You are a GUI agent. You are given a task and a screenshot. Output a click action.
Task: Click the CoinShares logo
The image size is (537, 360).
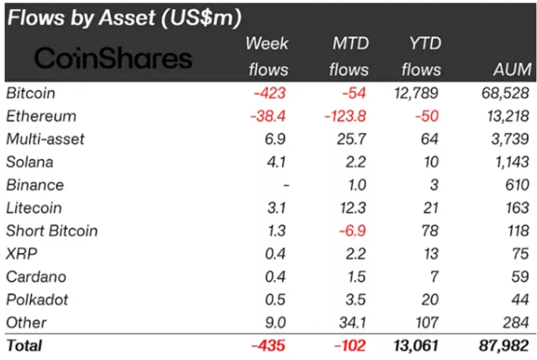coord(113,59)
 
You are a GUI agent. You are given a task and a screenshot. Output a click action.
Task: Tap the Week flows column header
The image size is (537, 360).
coord(268,56)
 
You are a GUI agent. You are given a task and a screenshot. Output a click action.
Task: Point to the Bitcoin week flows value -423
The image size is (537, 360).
coord(271,93)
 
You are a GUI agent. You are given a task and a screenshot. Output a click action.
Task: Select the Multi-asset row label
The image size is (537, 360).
coord(45,139)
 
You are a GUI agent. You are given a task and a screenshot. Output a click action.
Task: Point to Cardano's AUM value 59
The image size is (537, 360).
coord(521,277)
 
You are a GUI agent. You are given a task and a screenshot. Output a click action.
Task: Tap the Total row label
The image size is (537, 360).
coord(23,346)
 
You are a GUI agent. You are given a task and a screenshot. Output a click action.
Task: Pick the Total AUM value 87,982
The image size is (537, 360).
coord(504,346)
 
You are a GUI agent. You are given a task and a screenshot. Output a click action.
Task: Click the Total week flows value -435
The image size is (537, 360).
coord(268,346)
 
